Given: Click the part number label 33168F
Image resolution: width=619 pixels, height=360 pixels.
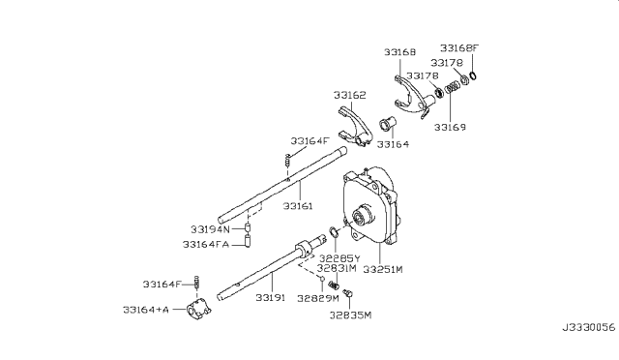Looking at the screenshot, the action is tap(459, 48).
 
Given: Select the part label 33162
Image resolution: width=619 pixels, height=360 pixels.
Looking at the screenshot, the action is tap(350, 95).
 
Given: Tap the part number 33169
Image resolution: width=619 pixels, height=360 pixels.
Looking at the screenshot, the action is tap(450, 127).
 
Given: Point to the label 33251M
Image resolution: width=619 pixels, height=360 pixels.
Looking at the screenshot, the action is tap(383, 269).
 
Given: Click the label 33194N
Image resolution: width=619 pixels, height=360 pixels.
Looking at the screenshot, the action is tap(210, 229).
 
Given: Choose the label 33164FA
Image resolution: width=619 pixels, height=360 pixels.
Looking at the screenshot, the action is tap(206, 245).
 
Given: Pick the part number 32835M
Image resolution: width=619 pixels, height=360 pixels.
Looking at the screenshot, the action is tap(350, 315).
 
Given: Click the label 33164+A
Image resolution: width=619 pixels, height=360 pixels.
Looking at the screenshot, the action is tap(146, 310).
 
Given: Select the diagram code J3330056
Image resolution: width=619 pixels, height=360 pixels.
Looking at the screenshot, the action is tap(589, 328).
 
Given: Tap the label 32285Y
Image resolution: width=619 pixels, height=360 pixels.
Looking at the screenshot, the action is tap(339, 258).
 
